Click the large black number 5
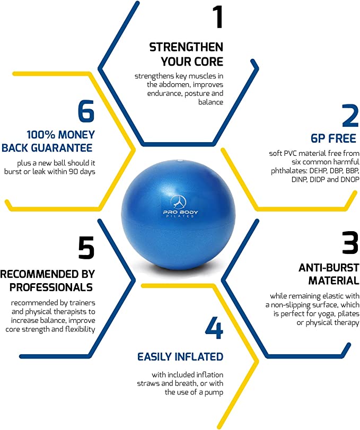click(x=86, y=248)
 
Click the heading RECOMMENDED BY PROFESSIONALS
click(x=47, y=280)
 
